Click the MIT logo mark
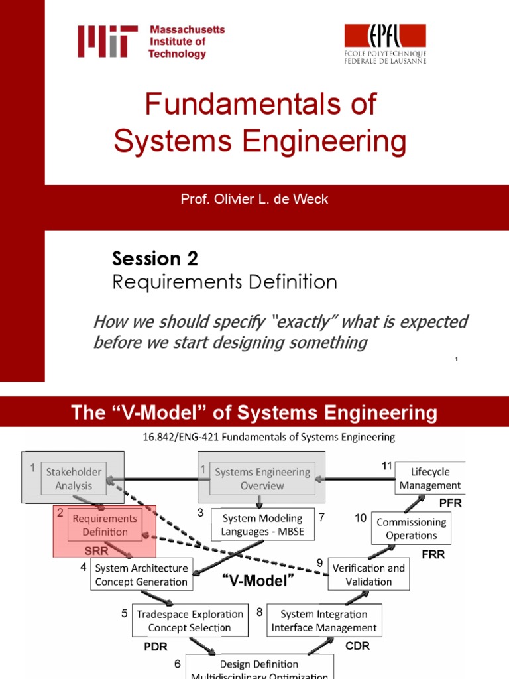point(107,41)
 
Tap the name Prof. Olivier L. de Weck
point(254,199)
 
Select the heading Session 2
point(155,258)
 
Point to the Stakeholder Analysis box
point(74,479)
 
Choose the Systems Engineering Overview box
point(262,479)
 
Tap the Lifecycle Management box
point(430,479)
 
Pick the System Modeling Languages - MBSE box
point(262,525)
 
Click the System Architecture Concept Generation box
point(141,574)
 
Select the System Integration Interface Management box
point(324,621)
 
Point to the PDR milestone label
point(156,647)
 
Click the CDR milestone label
point(357,645)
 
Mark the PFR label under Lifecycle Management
point(449,503)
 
